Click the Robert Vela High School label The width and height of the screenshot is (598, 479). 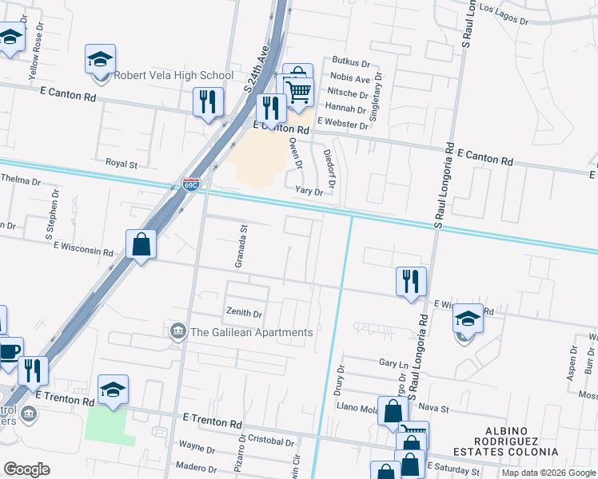click(173, 76)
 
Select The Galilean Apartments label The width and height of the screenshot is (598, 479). click(251, 332)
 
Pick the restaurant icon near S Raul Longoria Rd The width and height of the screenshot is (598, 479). click(411, 280)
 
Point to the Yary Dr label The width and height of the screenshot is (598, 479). click(309, 192)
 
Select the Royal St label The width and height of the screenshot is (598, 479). click(122, 164)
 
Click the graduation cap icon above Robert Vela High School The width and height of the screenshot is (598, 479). click(101, 59)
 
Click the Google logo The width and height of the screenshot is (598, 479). click(26, 469)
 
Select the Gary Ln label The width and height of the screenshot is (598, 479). click(393, 363)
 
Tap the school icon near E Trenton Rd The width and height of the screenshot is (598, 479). click(114, 390)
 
